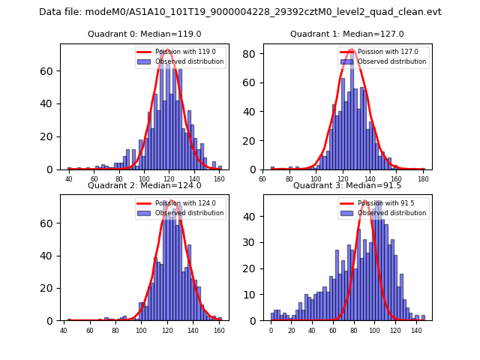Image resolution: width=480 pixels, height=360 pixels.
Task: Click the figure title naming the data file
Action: point(240,12)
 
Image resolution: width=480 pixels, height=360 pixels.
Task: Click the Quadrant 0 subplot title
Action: point(145,34)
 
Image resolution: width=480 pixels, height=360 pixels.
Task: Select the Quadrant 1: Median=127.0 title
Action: point(347,34)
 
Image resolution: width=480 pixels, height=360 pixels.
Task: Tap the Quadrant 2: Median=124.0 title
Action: point(145,185)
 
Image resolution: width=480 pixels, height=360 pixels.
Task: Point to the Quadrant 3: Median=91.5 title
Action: point(347,185)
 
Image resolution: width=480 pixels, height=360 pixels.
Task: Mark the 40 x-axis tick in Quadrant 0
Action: point(69,180)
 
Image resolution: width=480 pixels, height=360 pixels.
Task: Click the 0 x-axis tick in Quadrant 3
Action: point(271,331)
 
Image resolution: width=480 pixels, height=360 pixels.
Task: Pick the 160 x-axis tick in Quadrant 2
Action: point(218,331)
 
